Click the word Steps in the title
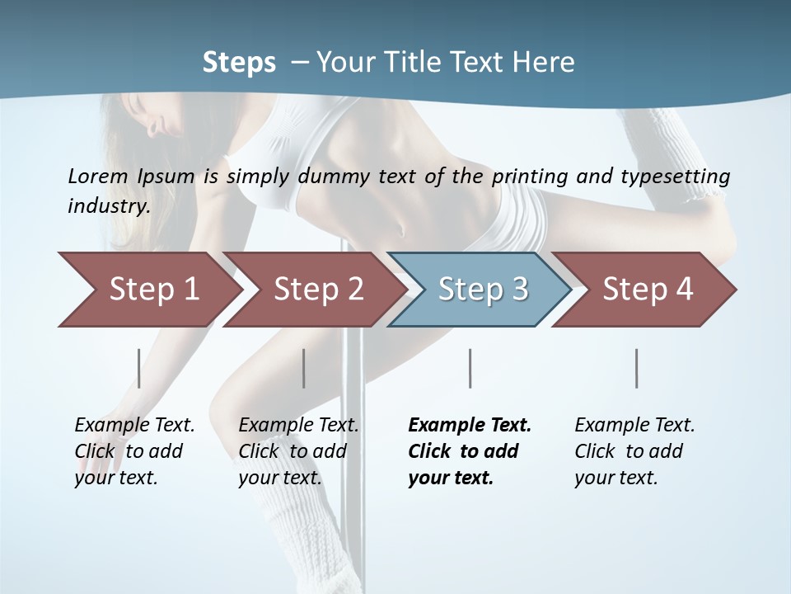tap(239, 62)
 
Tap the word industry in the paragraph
tap(109, 205)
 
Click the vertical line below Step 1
tap(139, 368)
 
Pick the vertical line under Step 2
tap(304, 368)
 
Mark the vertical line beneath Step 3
tap(470, 368)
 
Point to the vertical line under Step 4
tap(636, 368)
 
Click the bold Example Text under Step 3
tap(470, 426)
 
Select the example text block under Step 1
tap(134, 451)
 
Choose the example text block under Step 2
tap(298, 451)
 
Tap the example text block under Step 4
tap(634, 451)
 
